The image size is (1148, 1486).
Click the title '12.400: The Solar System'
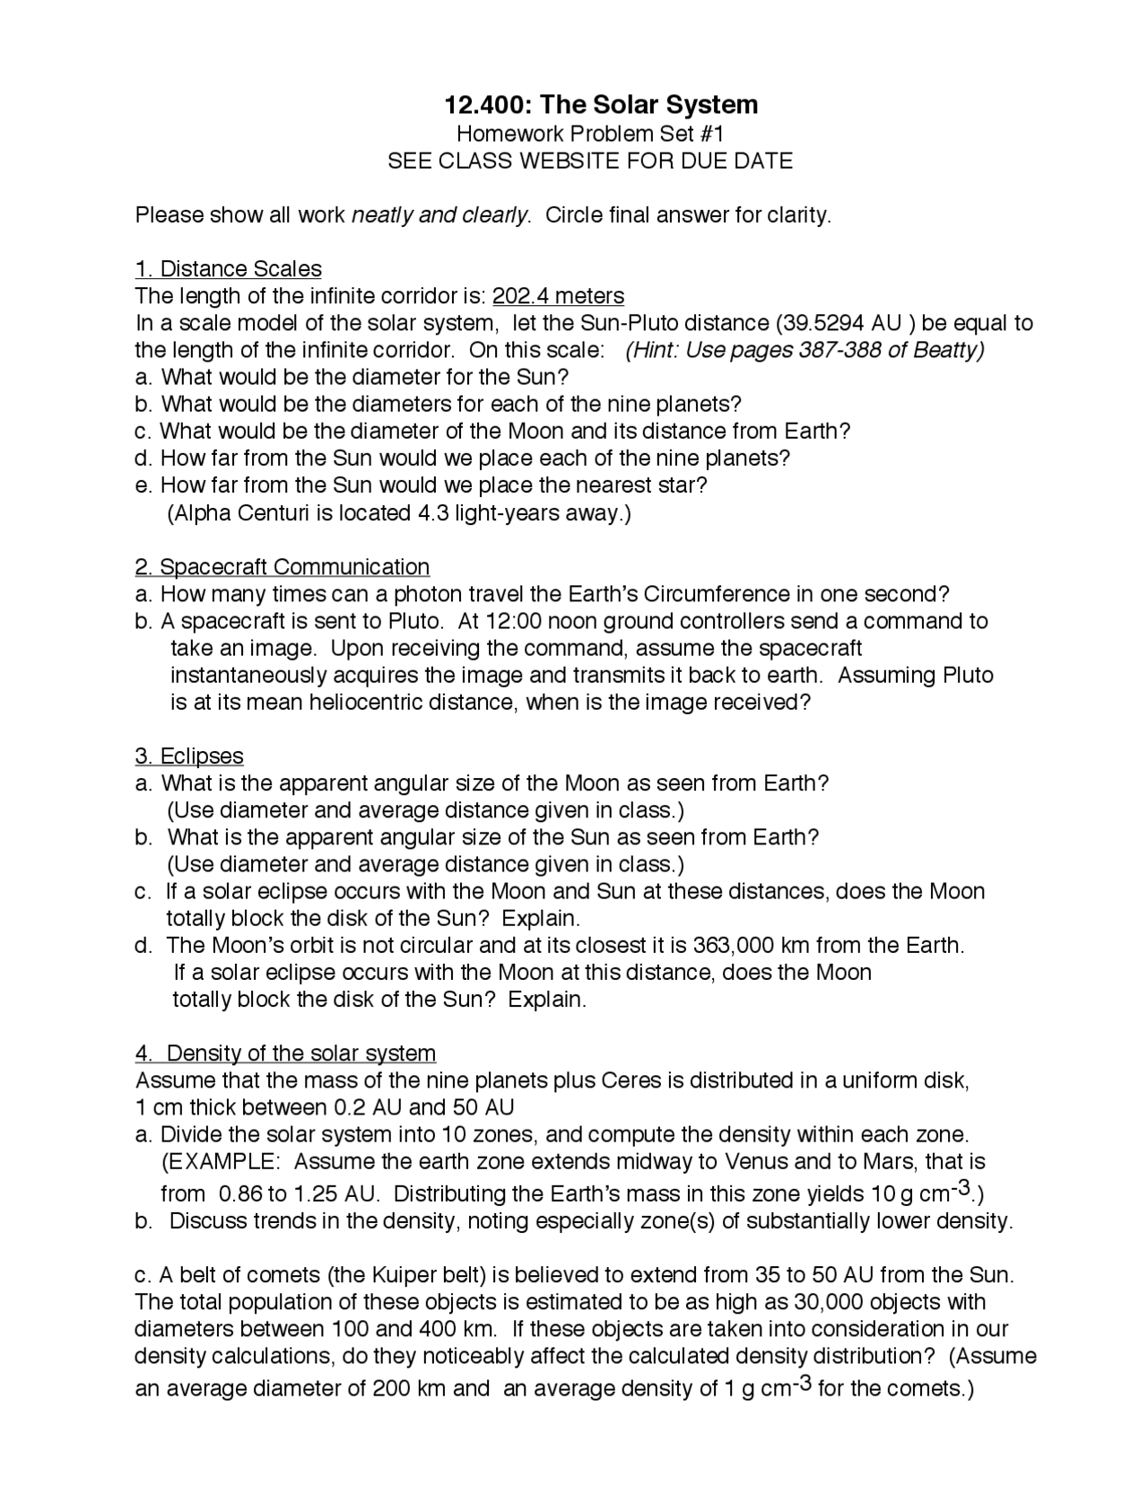[x=601, y=105]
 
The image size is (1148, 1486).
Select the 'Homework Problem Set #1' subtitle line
[x=589, y=134]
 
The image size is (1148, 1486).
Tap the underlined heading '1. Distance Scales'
[x=228, y=269]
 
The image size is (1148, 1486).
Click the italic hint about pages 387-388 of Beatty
[x=804, y=350]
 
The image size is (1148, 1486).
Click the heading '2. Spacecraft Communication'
[x=282, y=567]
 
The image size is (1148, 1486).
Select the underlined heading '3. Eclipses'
[x=189, y=756]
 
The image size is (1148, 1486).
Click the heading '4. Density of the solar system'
[x=285, y=1053]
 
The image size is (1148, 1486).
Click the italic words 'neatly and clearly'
[x=439, y=215]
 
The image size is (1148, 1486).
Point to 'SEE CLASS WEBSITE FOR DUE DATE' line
[x=589, y=161]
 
